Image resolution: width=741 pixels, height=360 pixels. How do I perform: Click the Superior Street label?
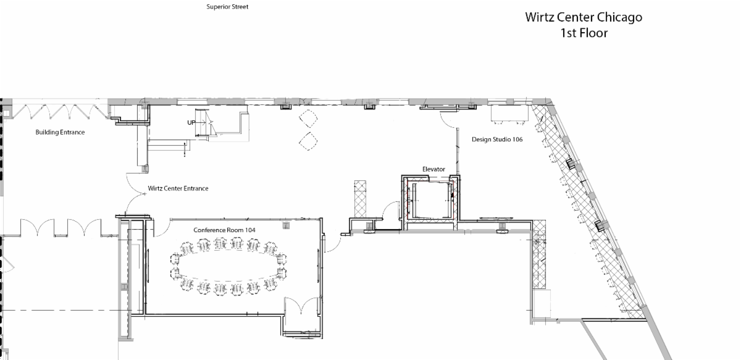(227, 7)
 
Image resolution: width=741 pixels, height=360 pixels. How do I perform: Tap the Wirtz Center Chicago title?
(584, 17)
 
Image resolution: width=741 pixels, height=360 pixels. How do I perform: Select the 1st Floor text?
(584, 33)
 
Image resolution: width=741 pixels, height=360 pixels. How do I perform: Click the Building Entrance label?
(61, 132)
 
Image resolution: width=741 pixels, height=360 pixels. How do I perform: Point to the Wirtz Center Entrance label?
(178, 188)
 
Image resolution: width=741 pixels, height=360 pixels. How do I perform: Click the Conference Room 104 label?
(224, 230)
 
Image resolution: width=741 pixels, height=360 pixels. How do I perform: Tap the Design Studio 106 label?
(497, 140)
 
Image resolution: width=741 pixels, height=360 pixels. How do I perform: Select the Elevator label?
(433, 169)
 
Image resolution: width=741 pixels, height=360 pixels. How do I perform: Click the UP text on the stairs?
(191, 123)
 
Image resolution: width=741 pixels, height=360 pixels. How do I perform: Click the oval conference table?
(228, 266)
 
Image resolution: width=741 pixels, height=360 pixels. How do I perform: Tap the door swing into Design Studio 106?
(448, 120)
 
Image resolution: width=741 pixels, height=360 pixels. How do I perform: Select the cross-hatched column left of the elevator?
(360, 199)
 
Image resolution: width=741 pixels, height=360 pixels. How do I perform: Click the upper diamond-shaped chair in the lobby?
(308, 119)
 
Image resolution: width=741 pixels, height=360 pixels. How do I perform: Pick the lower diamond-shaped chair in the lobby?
(308, 141)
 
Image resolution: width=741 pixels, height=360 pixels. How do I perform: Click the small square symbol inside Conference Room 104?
(286, 225)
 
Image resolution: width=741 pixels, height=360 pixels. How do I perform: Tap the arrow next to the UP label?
(201, 122)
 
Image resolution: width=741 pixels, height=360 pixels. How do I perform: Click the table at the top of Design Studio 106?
(509, 114)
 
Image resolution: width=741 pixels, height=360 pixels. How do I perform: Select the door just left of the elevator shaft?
(391, 211)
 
